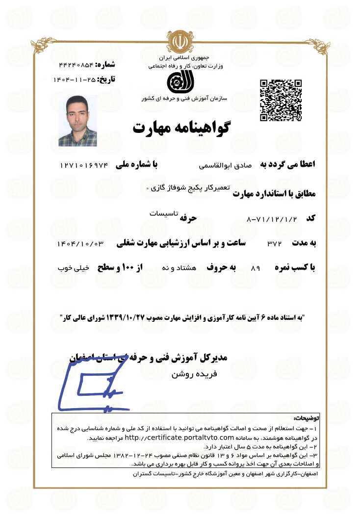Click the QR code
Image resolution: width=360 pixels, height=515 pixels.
tap(280, 100)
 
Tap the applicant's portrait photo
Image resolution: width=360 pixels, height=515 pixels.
tap(77, 121)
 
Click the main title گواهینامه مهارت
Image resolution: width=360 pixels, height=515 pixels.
tap(181, 127)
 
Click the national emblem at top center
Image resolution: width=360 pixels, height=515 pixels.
tap(180, 41)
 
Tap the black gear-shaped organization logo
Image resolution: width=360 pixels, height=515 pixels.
tap(177, 81)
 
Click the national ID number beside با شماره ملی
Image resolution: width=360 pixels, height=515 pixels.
tap(84, 166)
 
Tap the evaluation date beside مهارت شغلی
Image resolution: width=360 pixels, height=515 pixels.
tap(81, 243)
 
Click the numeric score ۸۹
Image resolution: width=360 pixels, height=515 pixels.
tap(255, 268)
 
